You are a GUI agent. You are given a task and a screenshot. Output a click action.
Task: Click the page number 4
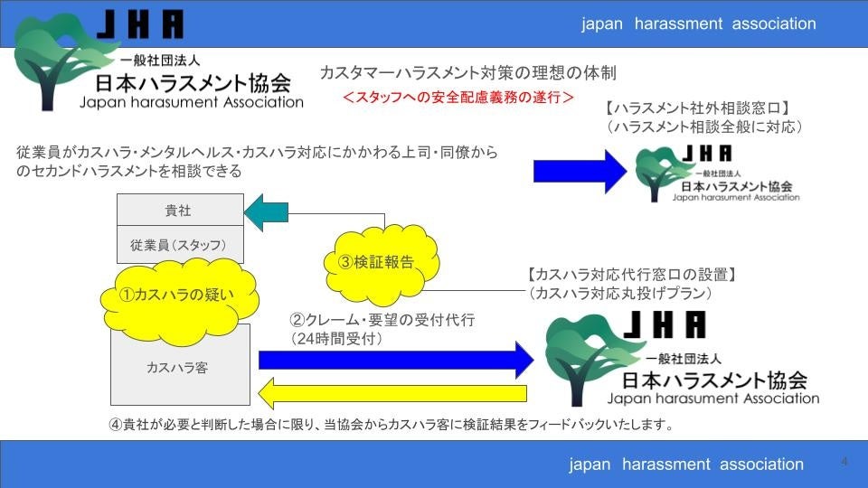[844, 462]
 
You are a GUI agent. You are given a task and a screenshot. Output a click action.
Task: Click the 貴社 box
[178, 211]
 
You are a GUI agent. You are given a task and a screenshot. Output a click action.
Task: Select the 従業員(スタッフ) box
[178, 245]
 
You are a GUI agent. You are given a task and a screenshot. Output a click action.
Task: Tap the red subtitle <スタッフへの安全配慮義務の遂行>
[458, 97]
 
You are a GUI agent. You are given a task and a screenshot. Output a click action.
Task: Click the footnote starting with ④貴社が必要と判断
[392, 424]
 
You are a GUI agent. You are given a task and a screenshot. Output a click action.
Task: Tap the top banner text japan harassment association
[698, 23]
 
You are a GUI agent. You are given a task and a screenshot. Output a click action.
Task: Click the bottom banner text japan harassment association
[686, 464]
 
